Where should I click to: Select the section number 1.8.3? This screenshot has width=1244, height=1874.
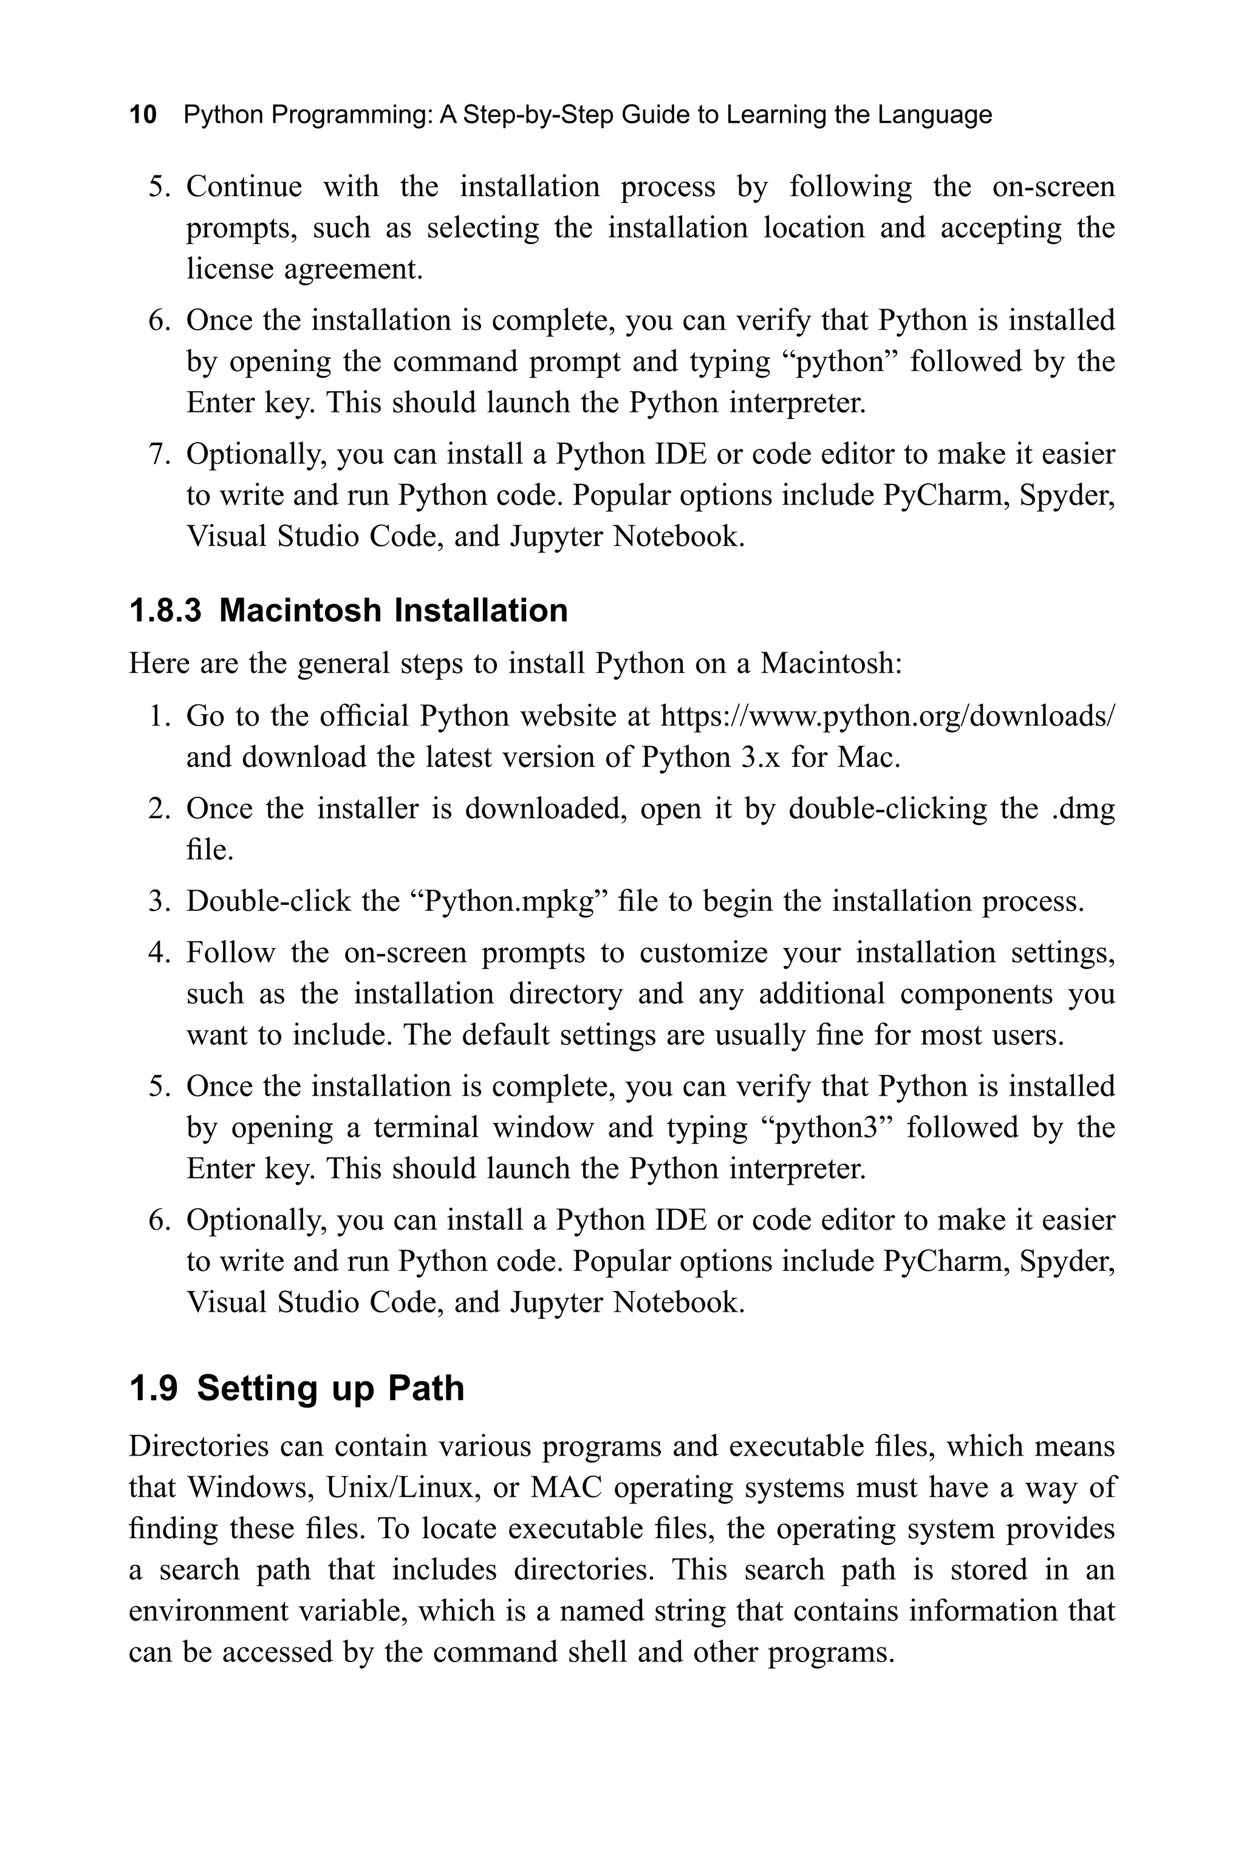(165, 611)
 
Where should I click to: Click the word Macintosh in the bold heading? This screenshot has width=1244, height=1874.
(301, 611)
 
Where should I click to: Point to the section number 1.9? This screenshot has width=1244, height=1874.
(153, 1389)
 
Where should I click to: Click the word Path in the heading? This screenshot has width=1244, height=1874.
(426, 1389)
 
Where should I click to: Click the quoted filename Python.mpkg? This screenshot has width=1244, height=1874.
(511, 902)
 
